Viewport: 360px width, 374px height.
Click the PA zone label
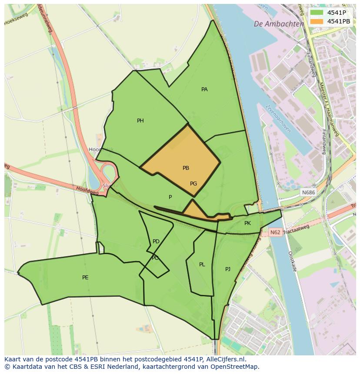pyautogui.click(x=204, y=89)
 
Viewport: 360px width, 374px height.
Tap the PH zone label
pyautogui.click(x=140, y=121)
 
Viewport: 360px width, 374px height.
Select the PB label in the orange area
pyautogui.click(x=186, y=168)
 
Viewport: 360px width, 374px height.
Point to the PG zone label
pyautogui.click(x=193, y=184)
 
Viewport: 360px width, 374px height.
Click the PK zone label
pyautogui.click(x=247, y=223)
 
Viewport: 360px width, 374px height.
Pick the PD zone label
pyautogui.click(x=156, y=242)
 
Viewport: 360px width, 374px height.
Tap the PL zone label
pyautogui.click(x=202, y=265)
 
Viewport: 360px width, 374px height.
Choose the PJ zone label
pyautogui.click(x=227, y=269)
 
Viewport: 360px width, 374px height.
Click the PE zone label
pyautogui.click(x=85, y=278)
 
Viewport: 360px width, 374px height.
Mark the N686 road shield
pyautogui.click(x=308, y=192)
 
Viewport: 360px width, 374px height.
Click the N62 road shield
pyautogui.click(x=275, y=232)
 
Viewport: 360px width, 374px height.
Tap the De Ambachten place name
pyautogui.click(x=279, y=24)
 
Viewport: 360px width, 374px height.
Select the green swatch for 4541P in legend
pyautogui.click(x=317, y=13)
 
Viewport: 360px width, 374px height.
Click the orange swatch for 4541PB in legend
pyautogui.click(x=317, y=21)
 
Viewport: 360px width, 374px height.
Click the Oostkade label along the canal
pyautogui.click(x=292, y=261)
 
